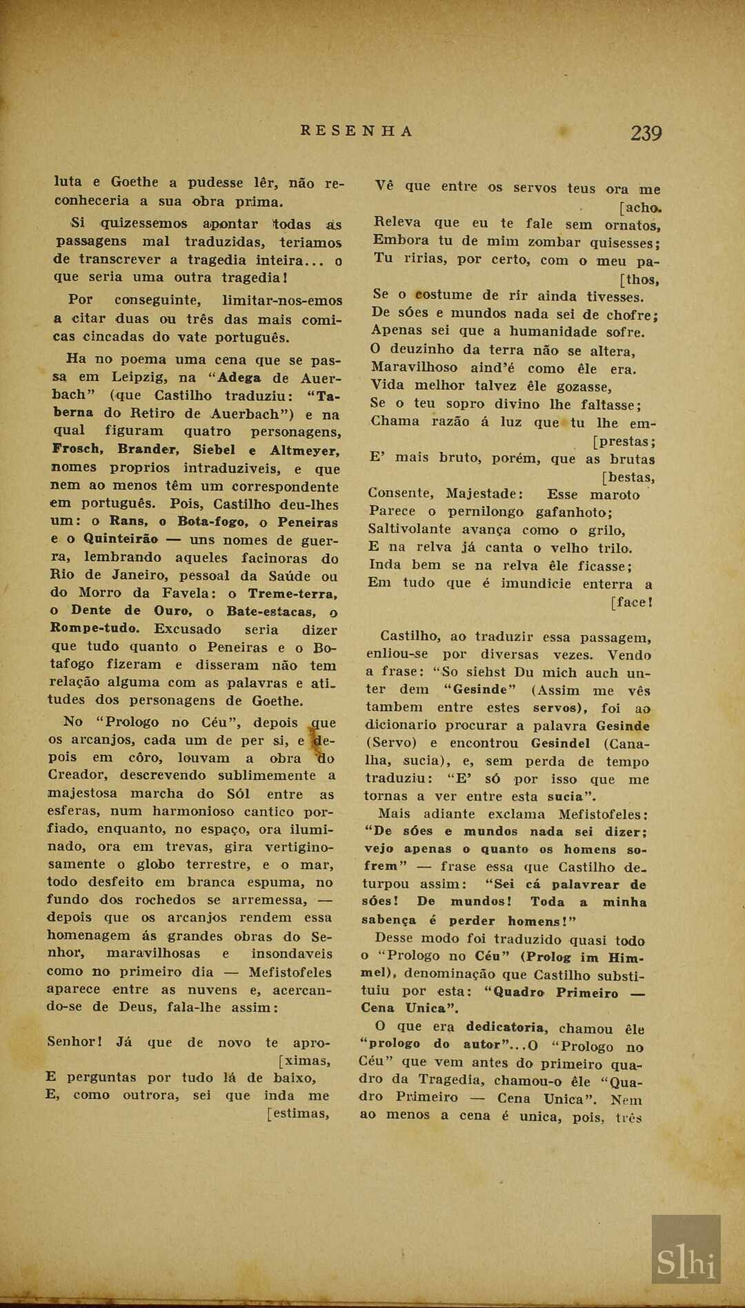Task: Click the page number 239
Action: pyautogui.click(x=646, y=133)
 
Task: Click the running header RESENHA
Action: pyautogui.click(x=357, y=131)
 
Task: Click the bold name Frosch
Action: pyautogui.click(x=78, y=449)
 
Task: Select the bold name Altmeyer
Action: pyautogui.click(x=304, y=451)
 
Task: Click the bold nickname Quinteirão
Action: pyautogui.click(x=121, y=539)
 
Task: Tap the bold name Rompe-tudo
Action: pyautogui.click(x=95, y=628)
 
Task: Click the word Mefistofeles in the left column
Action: pyautogui.click(x=290, y=972)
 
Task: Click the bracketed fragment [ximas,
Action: pyautogui.click(x=304, y=1060)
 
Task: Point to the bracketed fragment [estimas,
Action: pyautogui.click(x=298, y=1113)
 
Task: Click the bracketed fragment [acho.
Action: pyautogui.click(x=641, y=207)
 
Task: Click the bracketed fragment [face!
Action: pyautogui.click(x=631, y=602)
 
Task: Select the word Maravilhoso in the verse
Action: pyautogui.click(x=414, y=368)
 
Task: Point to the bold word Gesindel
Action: pyautogui.click(x=560, y=743)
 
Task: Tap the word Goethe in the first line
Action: pyautogui.click(x=135, y=182)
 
